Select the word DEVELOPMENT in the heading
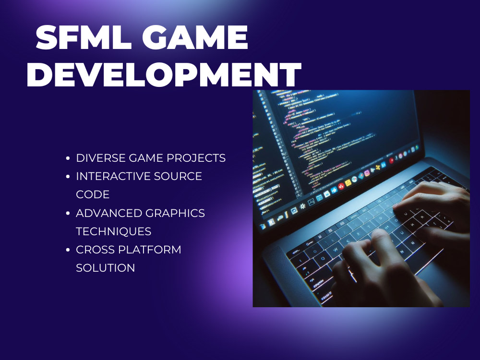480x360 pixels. point(164,75)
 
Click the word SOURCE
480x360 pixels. point(178,176)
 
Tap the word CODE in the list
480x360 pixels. point(93,194)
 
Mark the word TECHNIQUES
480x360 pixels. point(114,231)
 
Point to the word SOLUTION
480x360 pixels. point(106,268)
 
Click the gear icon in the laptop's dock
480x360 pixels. point(302,207)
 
